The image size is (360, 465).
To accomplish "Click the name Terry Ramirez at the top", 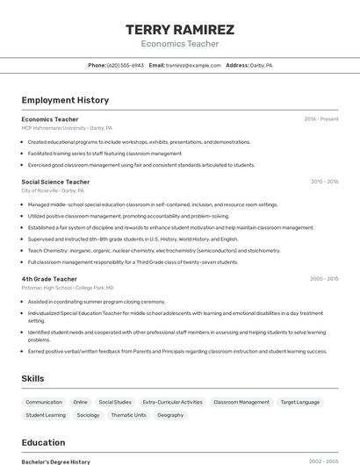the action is point(180,30).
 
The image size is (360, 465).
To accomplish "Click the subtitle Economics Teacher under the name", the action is point(180,43).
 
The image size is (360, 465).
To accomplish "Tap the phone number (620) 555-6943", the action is point(126,65).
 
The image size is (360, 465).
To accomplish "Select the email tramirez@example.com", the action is point(193,65).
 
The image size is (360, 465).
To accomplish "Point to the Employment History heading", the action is point(65,100).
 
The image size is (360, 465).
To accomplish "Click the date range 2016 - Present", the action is point(321,119).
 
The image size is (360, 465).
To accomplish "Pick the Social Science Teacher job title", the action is point(55,182).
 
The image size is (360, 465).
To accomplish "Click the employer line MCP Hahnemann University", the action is point(67,127).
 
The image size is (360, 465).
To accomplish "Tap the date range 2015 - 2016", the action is point(324,182).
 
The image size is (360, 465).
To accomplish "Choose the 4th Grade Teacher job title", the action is point(49,279).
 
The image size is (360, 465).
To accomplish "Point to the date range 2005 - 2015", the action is point(324,279).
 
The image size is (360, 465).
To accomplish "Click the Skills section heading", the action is point(33,378).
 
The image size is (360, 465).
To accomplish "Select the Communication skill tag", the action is point(44,402).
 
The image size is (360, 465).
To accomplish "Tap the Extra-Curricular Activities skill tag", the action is point(172,402).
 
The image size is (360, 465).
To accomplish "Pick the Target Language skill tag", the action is point(300,402).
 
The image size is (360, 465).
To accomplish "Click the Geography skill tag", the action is point(170,415).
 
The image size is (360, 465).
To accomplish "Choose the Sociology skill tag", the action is point(88,415).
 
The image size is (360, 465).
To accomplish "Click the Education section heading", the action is point(43,442).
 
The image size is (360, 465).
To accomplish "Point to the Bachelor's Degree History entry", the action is point(56,461).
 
